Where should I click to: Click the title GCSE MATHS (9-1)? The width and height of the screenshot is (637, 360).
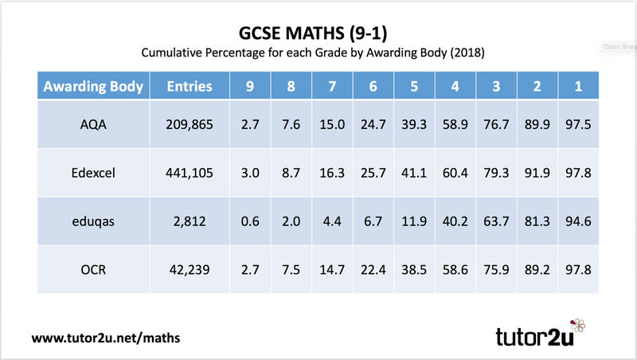(x=318, y=33)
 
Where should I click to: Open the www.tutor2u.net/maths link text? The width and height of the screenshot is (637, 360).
(x=106, y=337)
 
